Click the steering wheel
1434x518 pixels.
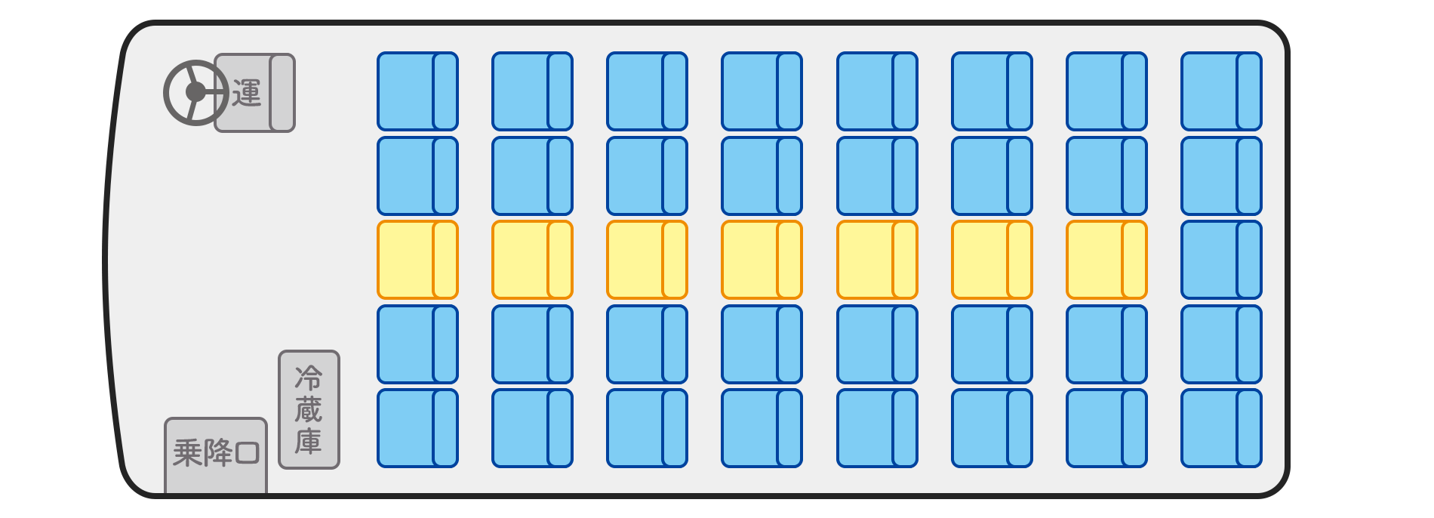pyautogui.click(x=196, y=92)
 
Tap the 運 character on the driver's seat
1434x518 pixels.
pyautogui.click(x=247, y=93)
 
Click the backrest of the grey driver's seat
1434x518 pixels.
pyautogui.click(x=282, y=93)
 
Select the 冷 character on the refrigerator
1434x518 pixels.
pyautogui.click(x=309, y=377)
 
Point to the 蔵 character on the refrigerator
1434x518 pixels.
pyautogui.click(x=309, y=409)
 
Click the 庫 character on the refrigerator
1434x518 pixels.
pyautogui.click(x=309, y=441)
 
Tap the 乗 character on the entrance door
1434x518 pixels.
pyautogui.click(x=187, y=453)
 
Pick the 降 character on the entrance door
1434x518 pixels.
pyautogui.click(x=218, y=453)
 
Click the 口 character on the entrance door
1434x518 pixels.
pyautogui.click(x=248, y=453)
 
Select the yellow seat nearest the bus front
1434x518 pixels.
pyautogui.click(x=417, y=260)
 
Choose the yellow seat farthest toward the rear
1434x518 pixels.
pyautogui.click(x=1106, y=260)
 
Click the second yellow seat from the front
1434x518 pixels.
pyautogui.click(x=532, y=260)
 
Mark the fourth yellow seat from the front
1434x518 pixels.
pyautogui.click(x=762, y=260)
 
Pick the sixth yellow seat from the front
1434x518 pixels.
pyautogui.click(x=992, y=260)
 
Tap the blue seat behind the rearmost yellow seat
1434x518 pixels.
pyautogui.click(x=1221, y=260)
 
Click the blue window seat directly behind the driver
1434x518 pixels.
pyautogui.click(x=417, y=91)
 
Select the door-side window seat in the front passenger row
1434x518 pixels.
pyautogui.click(x=417, y=428)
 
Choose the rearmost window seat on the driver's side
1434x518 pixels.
pyautogui.click(x=1221, y=91)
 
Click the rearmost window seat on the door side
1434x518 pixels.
pyautogui.click(x=1221, y=428)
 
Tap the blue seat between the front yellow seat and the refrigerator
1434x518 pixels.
pyautogui.click(x=417, y=344)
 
